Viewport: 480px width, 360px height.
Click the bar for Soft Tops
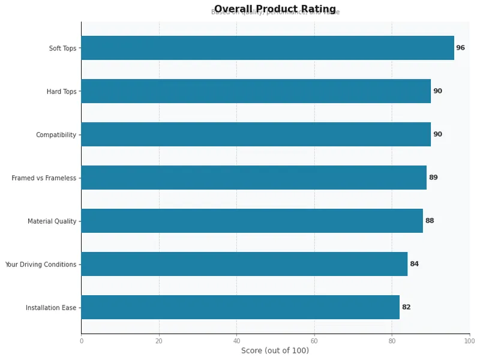268,48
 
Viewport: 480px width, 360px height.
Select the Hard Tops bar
256,91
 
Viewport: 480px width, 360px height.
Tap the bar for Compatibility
256,134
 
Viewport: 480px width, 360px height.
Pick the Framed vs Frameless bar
254,178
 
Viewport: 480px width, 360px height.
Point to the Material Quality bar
252,221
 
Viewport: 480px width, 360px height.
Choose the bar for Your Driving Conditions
244,264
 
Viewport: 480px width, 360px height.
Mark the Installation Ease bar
241,307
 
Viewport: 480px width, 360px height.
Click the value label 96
460,48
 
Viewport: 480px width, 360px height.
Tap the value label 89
433,178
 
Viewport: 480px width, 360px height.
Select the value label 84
414,264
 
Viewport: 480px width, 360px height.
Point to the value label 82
406,307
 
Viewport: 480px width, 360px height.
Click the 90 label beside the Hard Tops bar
437,91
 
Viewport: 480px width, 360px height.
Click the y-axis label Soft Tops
62,49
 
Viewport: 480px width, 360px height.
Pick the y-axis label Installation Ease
51,308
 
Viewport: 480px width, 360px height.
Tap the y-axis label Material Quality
52,221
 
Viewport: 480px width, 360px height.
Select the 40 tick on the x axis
236,341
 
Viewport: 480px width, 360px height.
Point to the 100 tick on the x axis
469,341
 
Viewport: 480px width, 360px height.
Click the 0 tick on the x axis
82,341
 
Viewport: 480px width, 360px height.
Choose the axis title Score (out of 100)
275,351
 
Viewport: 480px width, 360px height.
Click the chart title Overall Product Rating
275,9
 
